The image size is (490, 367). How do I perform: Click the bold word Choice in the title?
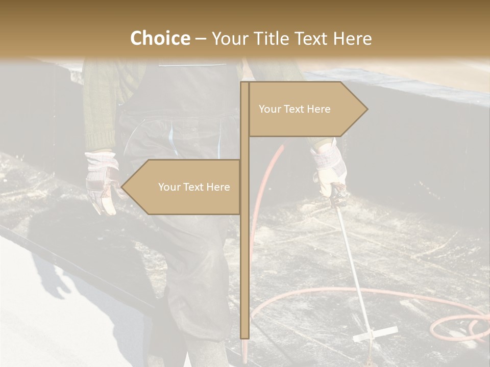tap(160, 38)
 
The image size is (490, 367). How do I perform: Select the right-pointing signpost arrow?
tap(306, 109)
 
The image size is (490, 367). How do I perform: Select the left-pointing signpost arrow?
tap(184, 187)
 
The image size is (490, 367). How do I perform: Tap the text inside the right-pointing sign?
tap(295, 109)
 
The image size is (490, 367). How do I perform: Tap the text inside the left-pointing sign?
tap(194, 187)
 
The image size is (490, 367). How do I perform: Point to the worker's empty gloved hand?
tap(102, 181)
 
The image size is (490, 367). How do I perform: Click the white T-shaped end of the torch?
tap(376, 333)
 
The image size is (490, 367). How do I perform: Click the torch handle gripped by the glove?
tap(337, 196)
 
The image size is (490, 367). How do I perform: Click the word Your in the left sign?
tap(169, 187)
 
